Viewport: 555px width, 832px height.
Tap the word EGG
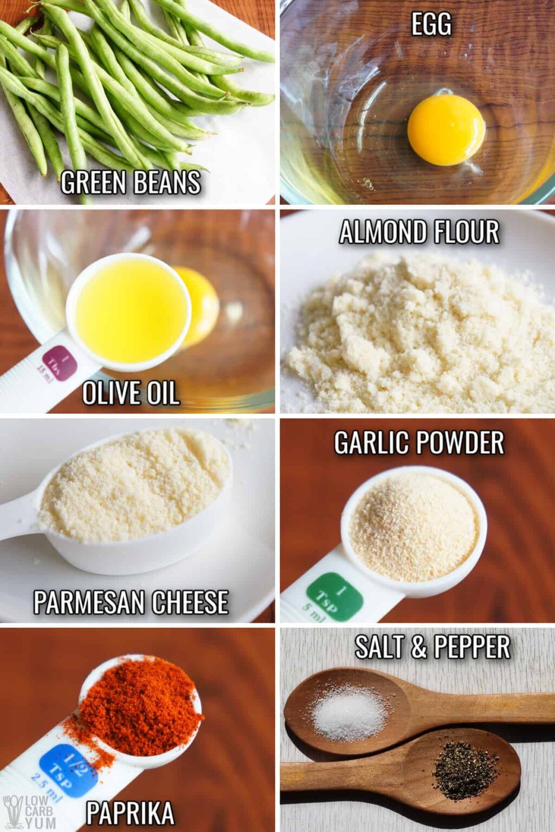coord(431,24)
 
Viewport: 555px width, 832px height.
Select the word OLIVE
coord(111,393)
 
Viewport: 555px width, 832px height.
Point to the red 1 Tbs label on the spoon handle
coord(60,362)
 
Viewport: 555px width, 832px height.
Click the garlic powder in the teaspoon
coord(415,526)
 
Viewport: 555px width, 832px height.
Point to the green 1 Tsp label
coord(334,596)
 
